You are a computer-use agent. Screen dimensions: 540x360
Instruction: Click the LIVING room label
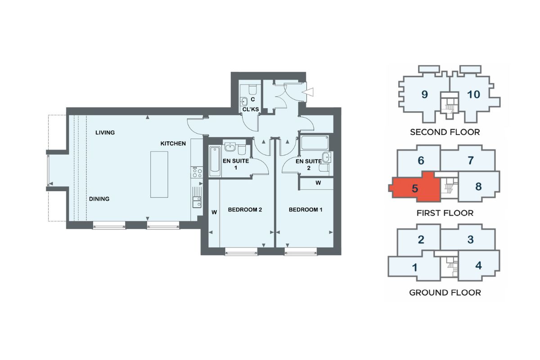[105, 132]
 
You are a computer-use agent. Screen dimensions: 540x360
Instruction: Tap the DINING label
[99, 199]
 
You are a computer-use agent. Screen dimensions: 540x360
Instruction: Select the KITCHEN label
[173, 144]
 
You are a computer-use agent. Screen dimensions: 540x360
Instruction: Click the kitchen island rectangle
[159, 175]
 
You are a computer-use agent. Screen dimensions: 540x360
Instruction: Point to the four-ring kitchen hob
[197, 172]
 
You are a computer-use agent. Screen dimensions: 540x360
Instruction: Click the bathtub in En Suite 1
[215, 161]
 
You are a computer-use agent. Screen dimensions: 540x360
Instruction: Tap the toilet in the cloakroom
[252, 89]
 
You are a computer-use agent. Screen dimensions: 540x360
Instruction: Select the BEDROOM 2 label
[245, 210]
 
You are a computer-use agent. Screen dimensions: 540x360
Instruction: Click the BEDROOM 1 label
[306, 210]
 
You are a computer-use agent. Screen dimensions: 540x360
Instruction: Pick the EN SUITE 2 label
[309, 164]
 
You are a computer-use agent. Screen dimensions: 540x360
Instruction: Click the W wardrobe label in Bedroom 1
[318, 183]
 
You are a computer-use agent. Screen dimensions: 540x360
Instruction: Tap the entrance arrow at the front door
[308, 92]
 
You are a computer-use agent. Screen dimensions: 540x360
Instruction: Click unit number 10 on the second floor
[473, 94]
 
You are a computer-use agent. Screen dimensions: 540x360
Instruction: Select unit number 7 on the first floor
[471, 160]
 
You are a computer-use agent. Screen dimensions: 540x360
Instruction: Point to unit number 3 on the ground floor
[471, 239]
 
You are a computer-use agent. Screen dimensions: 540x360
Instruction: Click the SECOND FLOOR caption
[445, 132]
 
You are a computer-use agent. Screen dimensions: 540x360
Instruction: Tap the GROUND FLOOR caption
[445, 292]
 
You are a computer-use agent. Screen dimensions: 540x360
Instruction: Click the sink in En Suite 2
[327, 157]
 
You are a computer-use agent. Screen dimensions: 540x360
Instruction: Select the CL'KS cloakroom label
[251, 109]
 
